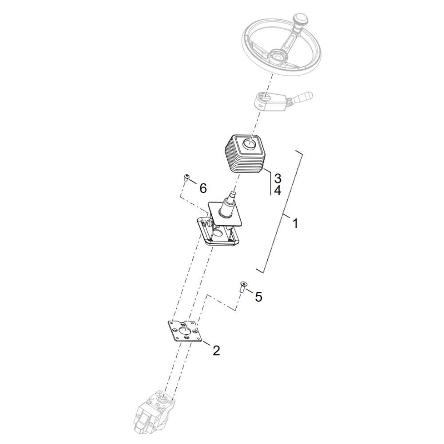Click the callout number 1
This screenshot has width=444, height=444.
[x=295, y=223]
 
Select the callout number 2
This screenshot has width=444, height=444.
[x=216, y=351]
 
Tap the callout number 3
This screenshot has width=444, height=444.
[x=277, y=178]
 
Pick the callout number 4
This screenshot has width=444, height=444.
[x=277, y=190]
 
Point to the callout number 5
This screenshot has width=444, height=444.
[x=258, y=297]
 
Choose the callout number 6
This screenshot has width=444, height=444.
[x=203, y=188]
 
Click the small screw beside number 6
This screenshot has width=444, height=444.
[x=186, y=178]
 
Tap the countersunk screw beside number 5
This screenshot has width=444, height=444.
[x=243, y=287]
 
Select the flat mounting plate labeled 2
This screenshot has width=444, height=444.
[x=185, y=332]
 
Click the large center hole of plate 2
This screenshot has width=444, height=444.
[x=185, y=330]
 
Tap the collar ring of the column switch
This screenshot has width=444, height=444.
[x=262, y=100]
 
